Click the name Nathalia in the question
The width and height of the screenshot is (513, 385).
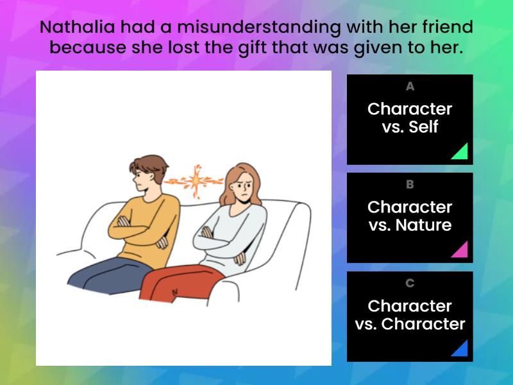74,28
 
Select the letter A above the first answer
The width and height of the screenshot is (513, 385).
410,87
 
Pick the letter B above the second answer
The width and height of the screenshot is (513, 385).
410,185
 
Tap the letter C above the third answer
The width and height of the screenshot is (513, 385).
410,283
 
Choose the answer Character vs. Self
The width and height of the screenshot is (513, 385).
410,118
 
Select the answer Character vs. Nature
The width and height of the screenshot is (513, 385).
410,216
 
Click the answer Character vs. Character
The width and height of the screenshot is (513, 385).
410,315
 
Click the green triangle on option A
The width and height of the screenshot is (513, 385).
460,153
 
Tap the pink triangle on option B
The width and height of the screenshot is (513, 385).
460,250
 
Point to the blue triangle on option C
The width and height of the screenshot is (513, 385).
460,349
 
